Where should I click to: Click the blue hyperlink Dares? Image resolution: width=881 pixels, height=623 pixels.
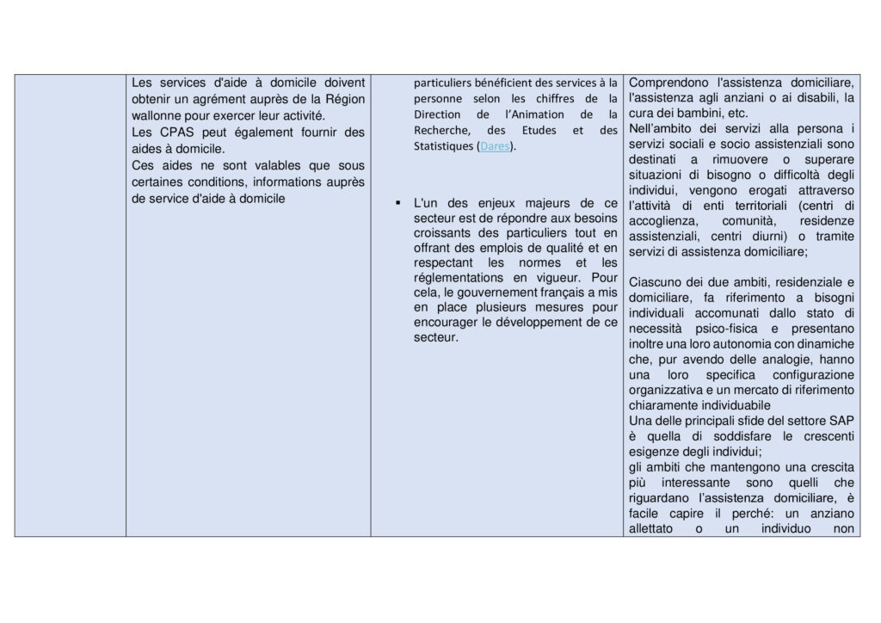coord(495,146)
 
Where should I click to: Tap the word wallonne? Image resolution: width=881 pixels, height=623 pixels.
coord(158,115)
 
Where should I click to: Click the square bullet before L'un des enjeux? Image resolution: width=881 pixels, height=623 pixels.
coord(398,203)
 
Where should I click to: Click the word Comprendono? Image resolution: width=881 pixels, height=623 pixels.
coord(668,83)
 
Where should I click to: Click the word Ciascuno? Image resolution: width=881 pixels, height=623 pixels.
coord(655,282)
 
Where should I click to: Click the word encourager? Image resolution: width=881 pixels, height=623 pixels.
coord(450,322)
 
